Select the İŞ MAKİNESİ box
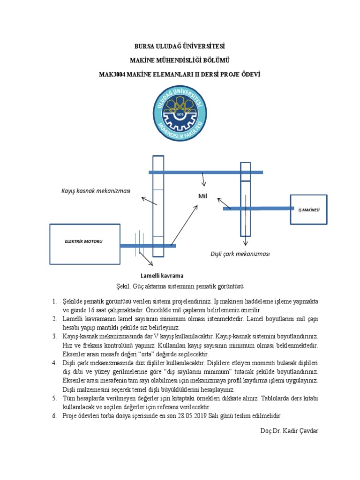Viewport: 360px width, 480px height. click(308, 210)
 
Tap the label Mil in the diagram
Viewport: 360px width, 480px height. click(202, 196)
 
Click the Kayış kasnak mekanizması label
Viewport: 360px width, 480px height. click(96, 191)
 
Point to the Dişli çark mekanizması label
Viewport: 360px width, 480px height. click(240, 254)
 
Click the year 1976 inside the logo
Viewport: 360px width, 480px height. click(180, 114)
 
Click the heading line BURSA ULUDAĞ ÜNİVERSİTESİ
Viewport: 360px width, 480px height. click(180, 46)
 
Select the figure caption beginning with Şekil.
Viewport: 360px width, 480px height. click(180, 286)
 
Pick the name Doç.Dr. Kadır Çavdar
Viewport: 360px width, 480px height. click(288, 430)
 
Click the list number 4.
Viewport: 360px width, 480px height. click(54, 363)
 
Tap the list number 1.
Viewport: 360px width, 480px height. click(54, 300)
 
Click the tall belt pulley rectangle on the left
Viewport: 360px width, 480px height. click(158, 206)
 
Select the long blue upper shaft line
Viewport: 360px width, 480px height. click(206, 172)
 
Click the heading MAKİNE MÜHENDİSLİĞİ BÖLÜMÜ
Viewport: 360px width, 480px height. click(180, 60)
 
